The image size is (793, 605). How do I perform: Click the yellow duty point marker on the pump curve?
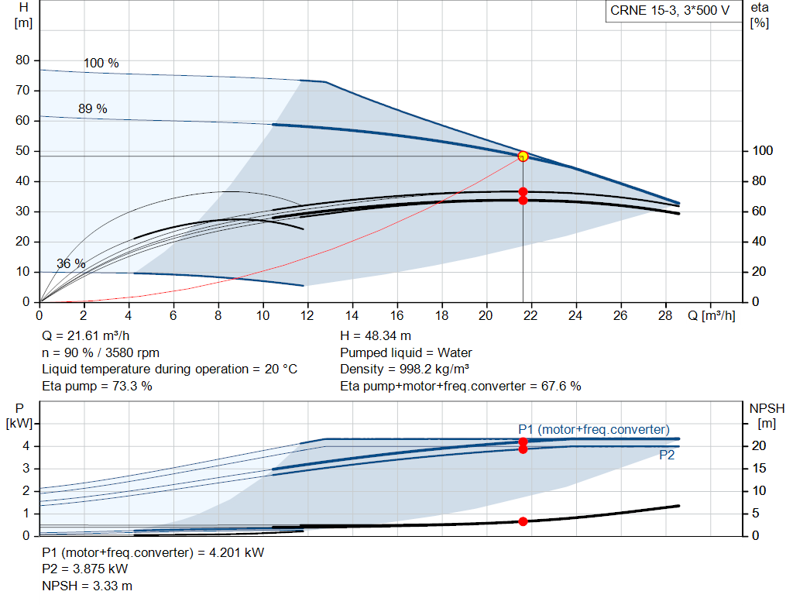click(523, 156)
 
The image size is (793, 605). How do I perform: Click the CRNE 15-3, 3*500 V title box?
click(670, 12)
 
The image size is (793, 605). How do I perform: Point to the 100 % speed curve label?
click(101, 63)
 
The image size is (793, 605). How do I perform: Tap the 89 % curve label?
click(93, 109)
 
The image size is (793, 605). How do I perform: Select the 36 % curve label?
click(70, 263)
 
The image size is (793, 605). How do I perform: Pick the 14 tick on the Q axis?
click(352, 316)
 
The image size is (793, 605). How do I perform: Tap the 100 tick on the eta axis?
click(762, 151)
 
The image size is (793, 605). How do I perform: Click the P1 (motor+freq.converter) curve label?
click(594, 429)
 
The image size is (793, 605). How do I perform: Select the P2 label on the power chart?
click(667, 455)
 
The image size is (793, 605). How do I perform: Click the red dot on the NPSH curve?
click(523, 521)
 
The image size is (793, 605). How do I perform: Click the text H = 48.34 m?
click(376, 336)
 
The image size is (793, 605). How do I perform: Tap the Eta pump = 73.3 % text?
click(97, 386)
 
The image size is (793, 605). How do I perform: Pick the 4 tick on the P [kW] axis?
click(26, 446)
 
